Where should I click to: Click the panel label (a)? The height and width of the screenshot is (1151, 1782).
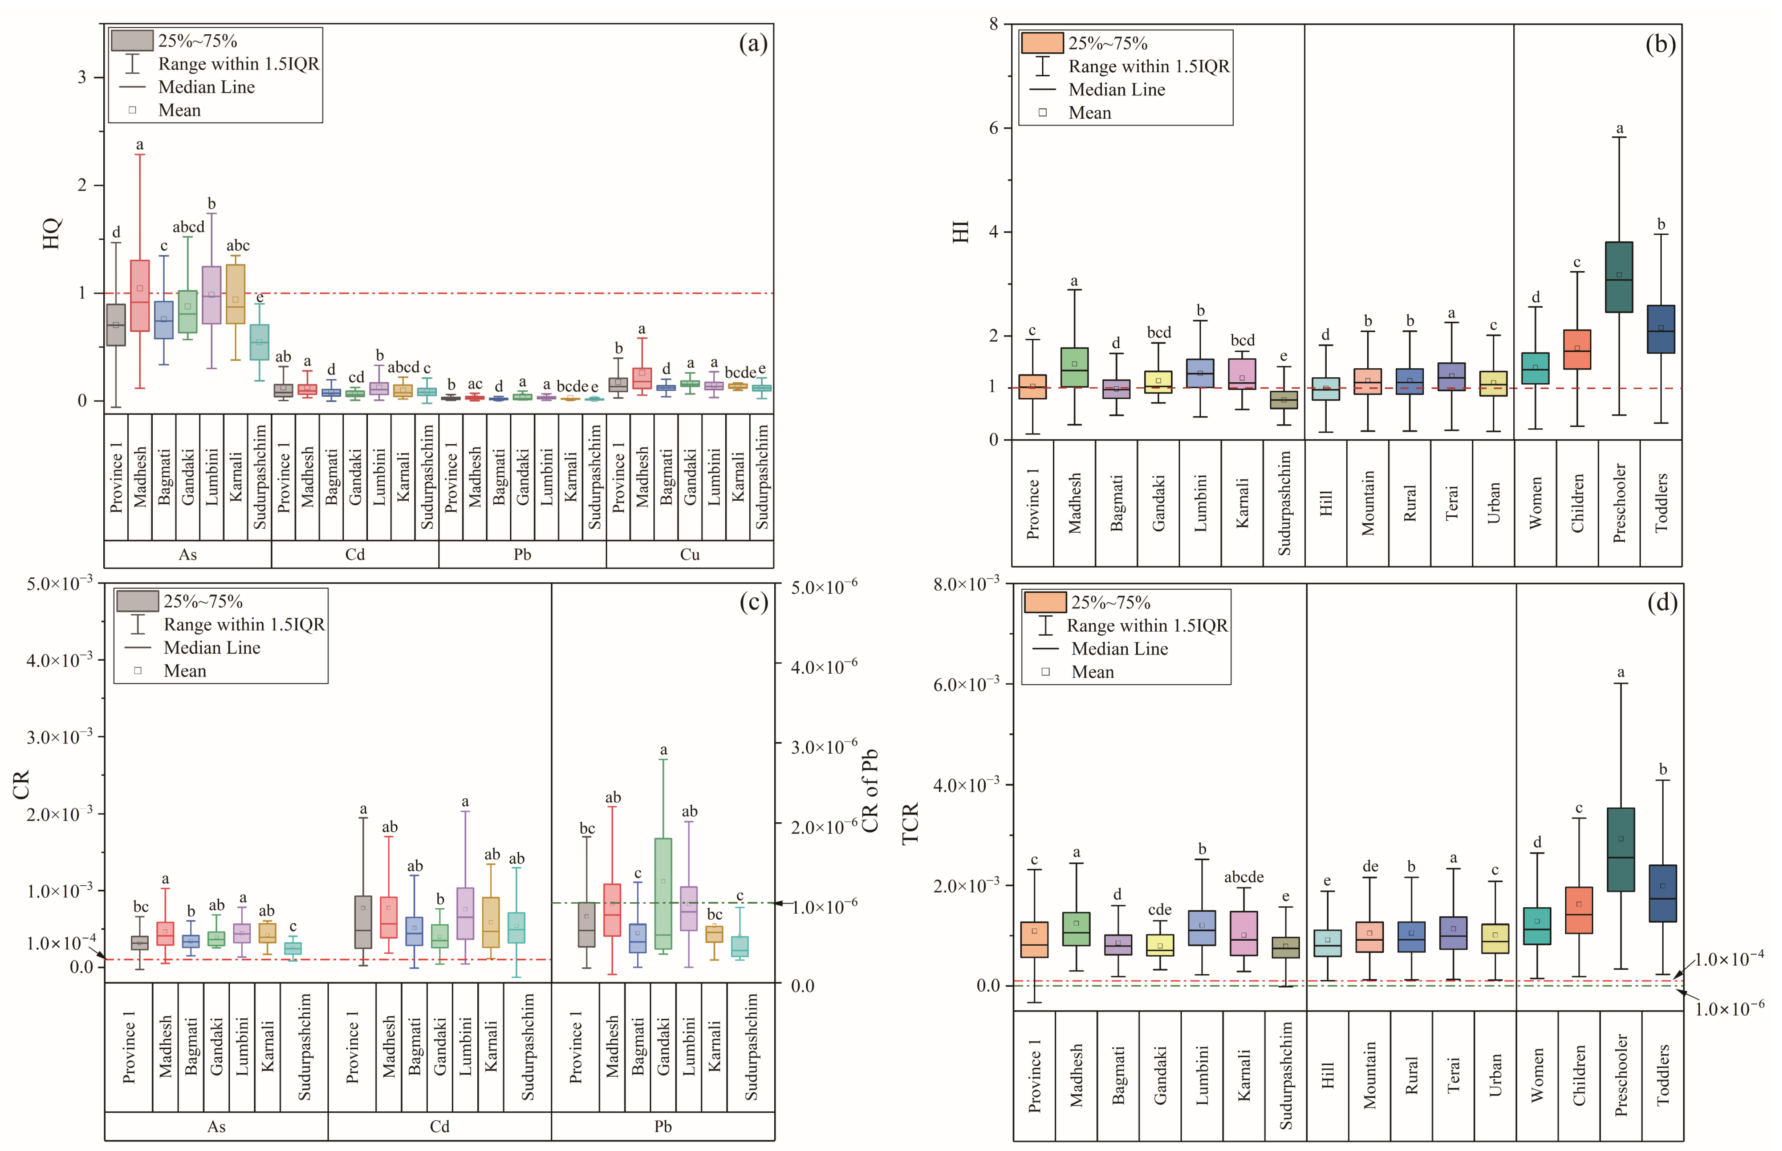[x=753, y=44]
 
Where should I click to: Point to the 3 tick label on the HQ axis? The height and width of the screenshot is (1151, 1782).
[x=82, y=77]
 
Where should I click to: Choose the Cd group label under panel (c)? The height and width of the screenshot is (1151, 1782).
[x=439, y=1127]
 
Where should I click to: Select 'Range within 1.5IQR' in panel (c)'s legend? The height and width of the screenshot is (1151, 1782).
[x=244, y=624]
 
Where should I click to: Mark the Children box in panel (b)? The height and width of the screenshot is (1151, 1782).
[x=1577, y=349]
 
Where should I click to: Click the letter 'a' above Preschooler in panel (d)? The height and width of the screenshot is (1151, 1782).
[x=1620, y=672]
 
